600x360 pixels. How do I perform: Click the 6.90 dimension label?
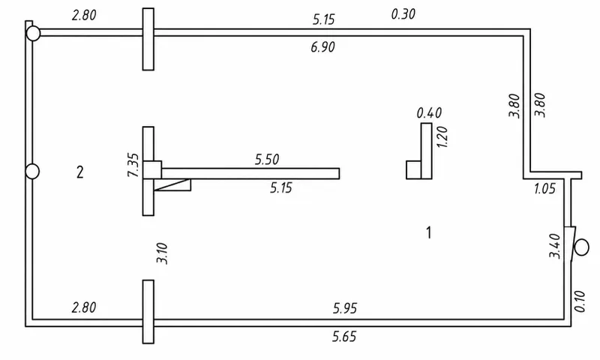(323, 47)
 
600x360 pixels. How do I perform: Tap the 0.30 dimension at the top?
(403, 14)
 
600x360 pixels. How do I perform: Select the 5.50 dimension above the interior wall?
(267, 159)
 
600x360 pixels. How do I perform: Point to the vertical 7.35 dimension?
(133, 165)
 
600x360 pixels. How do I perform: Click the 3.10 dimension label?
(162, 253)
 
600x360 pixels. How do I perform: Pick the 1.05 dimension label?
(544, 188)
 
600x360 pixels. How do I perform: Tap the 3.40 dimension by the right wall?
(554, 246)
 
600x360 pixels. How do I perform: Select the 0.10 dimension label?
(580, 301)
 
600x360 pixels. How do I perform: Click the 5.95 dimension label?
(345, 308)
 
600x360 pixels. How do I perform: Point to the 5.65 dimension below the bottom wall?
(344, 337)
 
